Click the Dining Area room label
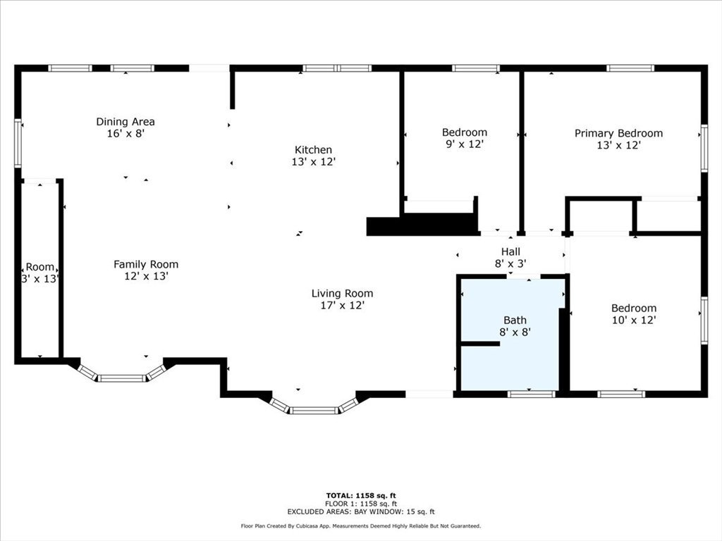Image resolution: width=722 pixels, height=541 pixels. tap(126, 122)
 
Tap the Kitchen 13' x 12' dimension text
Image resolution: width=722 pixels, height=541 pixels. tap(313, 161)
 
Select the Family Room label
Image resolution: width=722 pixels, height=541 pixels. tap(146, 264)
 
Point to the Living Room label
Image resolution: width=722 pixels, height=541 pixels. tap(342, 294)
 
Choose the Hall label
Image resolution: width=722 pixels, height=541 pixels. tap(510, 251)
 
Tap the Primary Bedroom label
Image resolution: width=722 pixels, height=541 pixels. tap(618, 133)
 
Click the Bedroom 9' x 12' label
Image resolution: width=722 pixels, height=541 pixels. tap(464, 132)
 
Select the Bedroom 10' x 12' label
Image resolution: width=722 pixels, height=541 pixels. tap(633, 308)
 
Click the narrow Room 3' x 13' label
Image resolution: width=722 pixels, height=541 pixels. tap(39, 267)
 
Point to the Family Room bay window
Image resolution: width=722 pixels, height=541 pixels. tap(121, 375)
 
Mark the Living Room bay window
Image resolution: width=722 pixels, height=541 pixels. tap(314, 408)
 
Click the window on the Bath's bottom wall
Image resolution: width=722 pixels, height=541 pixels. tap(532, 394)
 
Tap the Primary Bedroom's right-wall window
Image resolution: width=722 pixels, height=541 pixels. tap(703, 148)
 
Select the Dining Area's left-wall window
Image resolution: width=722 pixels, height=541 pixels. tap(18, 144)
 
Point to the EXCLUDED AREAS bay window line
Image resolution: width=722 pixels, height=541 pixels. tap(360, 512)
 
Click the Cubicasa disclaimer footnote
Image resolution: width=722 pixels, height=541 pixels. tap(360, 526)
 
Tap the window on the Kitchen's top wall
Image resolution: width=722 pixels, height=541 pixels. tap(337, 68)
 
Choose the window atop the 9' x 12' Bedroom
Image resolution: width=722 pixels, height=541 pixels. tap(476, 68)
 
